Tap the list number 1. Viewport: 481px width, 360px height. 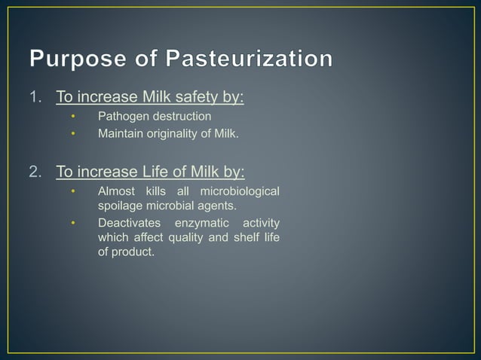click(35, 97)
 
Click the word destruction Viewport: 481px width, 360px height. click(181, 117)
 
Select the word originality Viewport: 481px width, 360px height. click(175, 135)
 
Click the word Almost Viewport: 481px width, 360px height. click(116, 191)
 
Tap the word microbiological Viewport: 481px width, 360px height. click(239, 191)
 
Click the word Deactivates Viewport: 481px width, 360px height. click(128, 224)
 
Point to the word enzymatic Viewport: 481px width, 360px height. click(202, 224)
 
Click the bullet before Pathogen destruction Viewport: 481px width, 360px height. click(73, 117)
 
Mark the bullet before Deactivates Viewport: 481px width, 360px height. click(73, 224)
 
